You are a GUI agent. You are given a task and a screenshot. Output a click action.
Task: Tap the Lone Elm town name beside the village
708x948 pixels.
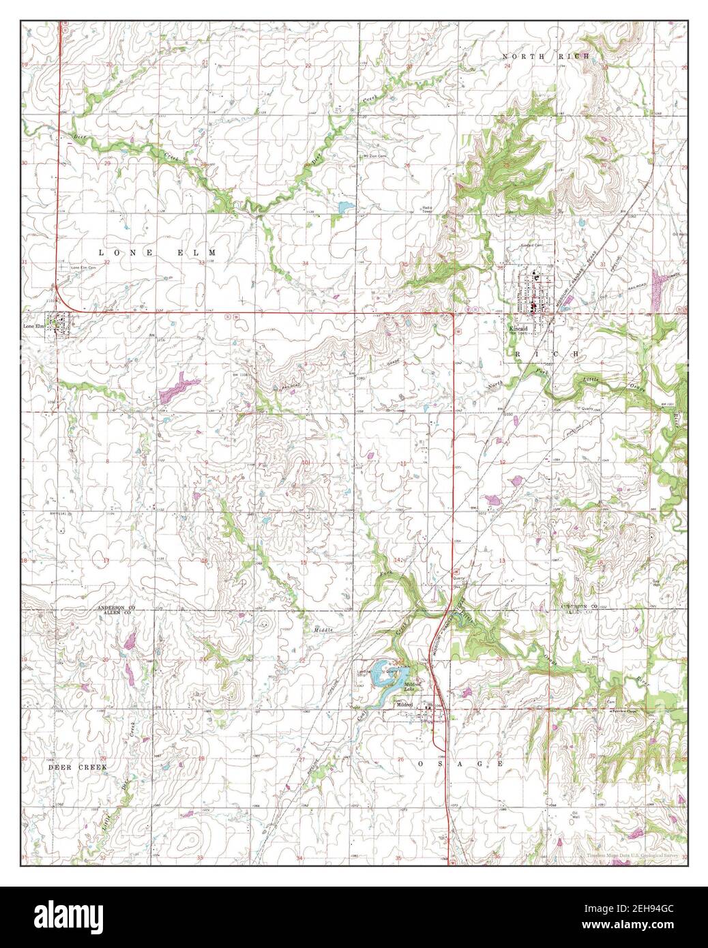click(33, 326)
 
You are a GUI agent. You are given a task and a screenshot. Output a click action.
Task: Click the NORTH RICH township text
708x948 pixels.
click(546, 57)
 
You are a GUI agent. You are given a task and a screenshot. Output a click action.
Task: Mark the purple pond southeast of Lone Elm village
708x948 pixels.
click(176, 389)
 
